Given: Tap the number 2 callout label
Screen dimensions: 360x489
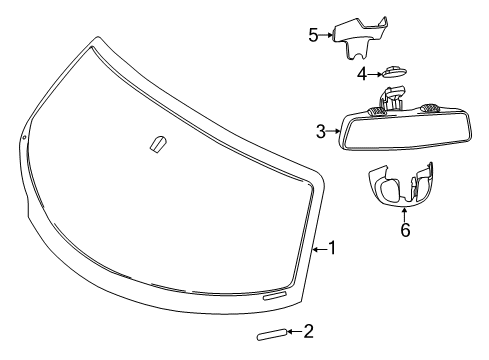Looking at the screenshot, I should (x=308, y=330).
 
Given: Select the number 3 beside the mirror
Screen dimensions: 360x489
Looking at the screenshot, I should (x=320, y=130).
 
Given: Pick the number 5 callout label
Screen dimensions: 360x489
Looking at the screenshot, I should (x=313, y=35).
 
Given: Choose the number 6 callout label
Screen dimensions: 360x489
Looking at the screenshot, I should (x=404, y=230).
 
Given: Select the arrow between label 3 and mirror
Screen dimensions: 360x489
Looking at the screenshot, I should (x=334, y=130).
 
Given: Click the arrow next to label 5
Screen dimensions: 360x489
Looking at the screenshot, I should (x=327, y=35).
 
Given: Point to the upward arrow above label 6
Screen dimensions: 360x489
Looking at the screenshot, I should (x=404, y=213).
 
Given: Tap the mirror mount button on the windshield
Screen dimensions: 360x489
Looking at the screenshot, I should (x=156, y=144).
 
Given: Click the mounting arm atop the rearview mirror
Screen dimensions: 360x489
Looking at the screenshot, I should (x=392, y=99).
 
